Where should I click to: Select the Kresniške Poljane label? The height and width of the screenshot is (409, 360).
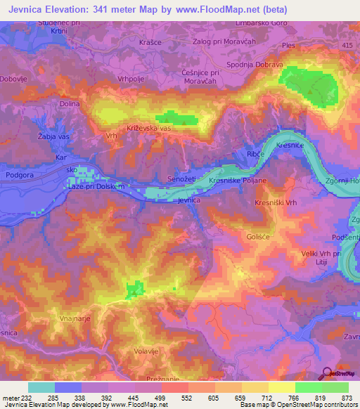click(238, 181)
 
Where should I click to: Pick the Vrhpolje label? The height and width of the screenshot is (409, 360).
click(130, 79)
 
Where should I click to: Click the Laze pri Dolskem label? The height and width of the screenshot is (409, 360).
click(96, 186)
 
